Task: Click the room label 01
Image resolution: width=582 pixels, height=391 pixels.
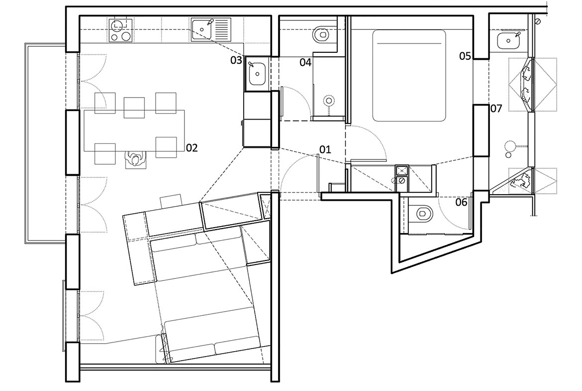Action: [325, 149]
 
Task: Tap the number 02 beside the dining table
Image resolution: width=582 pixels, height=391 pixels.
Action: [192, 148]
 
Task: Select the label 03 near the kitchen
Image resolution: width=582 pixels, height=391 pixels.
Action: [236, 60]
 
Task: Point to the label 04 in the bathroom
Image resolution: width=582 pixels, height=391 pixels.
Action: [305, 62]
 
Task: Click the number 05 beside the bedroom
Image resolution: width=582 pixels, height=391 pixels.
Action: [465, 56]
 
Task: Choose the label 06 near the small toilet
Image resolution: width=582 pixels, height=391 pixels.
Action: [461, 202]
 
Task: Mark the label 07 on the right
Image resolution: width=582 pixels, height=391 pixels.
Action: [496, 109]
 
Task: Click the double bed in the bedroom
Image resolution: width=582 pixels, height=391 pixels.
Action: [409, 75]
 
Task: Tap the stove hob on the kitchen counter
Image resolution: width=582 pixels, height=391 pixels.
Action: [121, 30]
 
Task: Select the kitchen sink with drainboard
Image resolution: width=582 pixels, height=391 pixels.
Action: [210, 30]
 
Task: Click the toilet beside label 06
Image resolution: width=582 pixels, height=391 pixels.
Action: [424, 214]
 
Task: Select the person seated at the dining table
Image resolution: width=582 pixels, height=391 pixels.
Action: [136, 160]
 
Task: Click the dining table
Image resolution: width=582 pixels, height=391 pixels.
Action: [135, 130]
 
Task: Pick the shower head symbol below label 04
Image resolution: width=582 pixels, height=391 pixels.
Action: [329, 101]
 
